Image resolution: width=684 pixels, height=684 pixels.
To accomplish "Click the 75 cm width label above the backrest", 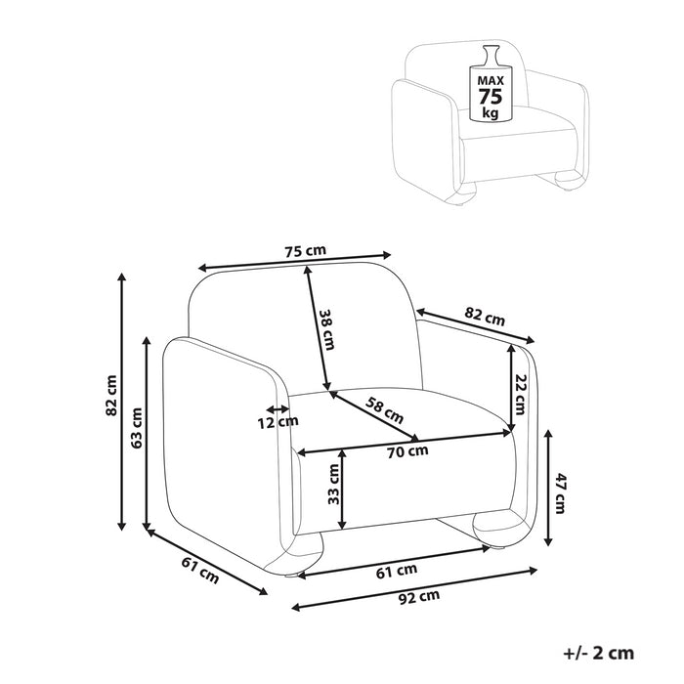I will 305,251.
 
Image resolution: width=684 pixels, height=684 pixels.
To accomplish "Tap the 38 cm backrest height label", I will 327,329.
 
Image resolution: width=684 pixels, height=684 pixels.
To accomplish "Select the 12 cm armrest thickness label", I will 279,422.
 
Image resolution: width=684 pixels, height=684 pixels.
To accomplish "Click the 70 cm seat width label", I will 407,450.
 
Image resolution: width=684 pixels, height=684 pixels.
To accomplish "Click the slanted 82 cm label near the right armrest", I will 485,318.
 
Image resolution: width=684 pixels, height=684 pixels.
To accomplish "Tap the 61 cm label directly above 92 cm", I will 398,570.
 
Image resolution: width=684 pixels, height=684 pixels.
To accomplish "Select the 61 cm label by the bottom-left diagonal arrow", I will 199,569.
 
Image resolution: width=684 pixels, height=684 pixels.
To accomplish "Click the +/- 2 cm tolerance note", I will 599,653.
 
